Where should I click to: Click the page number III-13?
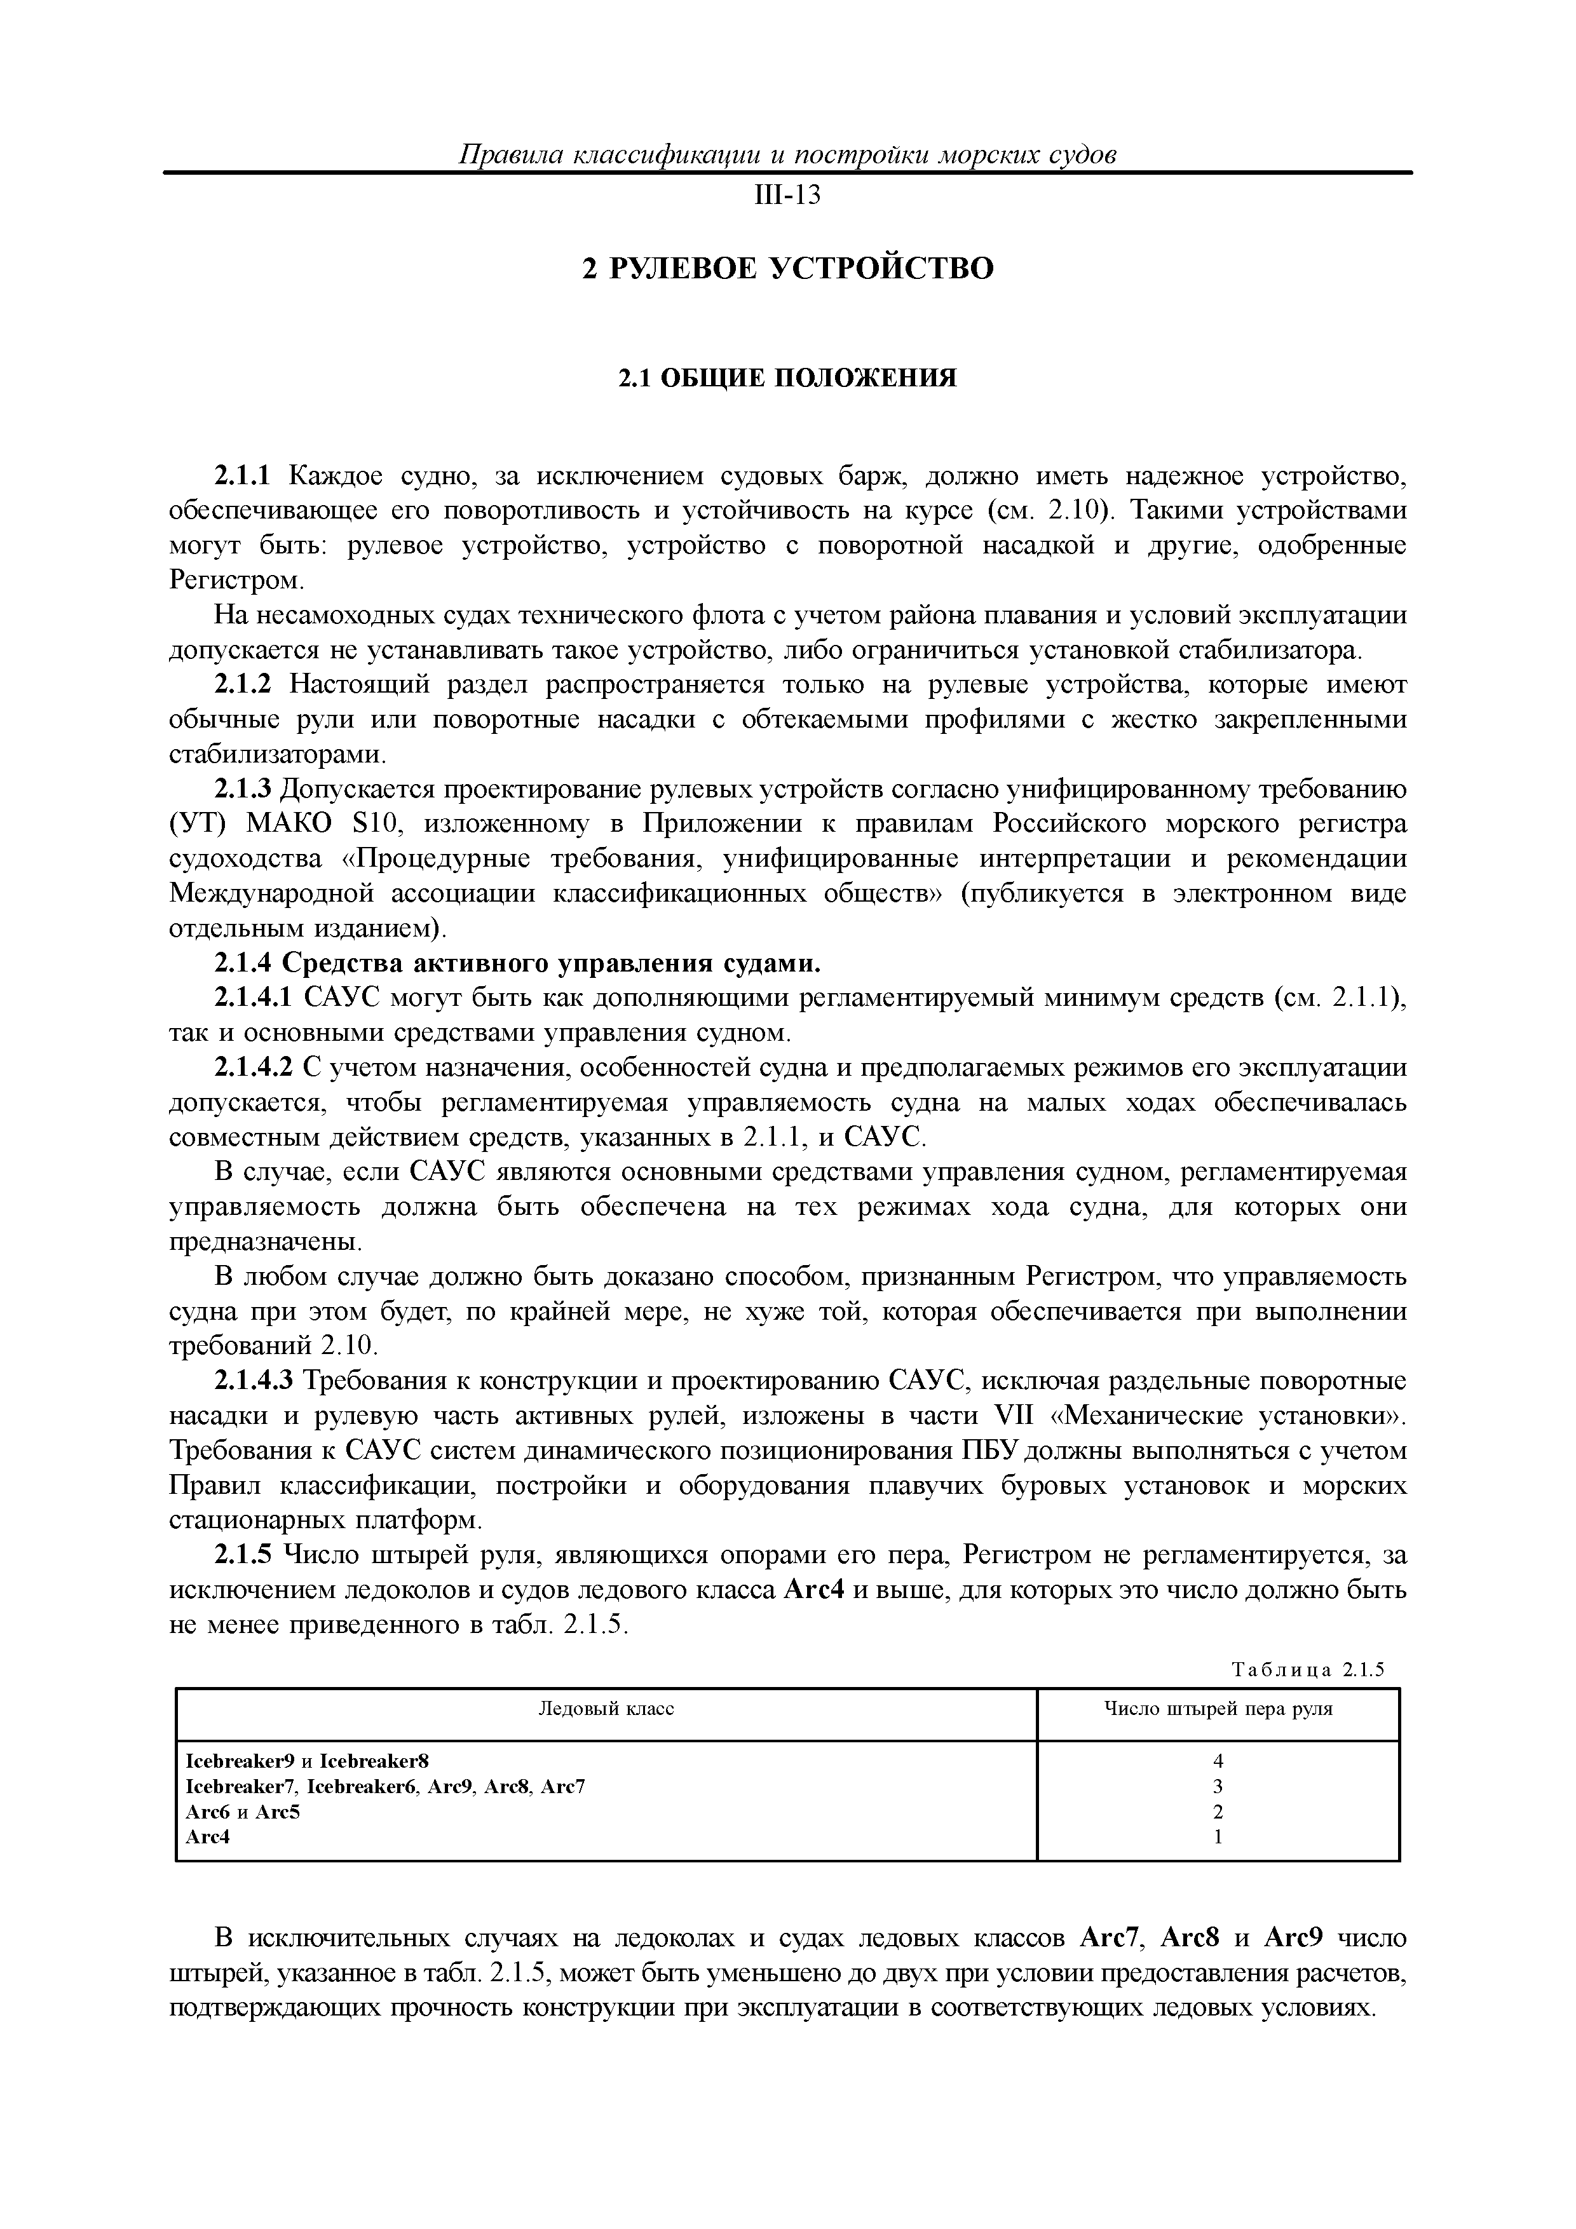pyautogui.click(x=787, y=196)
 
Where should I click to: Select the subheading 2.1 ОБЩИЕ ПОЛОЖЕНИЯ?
pyautogui.click(x=787, y=377)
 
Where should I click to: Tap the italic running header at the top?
pyautogui.click(x=787, y=155)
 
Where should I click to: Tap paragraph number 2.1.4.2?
pyautogui.click(x=254, y=1068)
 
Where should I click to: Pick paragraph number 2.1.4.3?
pyautogui.click(x=254, y=1381)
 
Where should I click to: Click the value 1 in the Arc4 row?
pyautogui.click(x=1218, y=1837)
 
